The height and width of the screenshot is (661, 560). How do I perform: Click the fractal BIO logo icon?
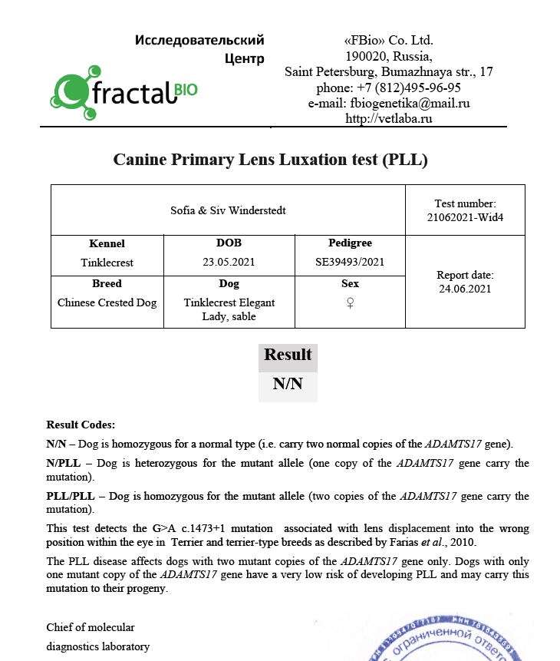click(x=75, y=92)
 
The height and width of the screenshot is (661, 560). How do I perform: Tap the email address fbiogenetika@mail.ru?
click(x=410, y=103)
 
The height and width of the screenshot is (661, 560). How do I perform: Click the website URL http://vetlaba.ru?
click(x=389, y=118)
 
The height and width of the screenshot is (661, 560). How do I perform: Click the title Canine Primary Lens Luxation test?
click(x=270, y=160)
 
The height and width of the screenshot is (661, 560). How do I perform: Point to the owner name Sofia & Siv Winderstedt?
click(x=228, y=210)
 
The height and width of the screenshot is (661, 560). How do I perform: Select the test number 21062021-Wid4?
click(x=464, y=217)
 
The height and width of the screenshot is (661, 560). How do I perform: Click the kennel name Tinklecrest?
click(x=107, y=263)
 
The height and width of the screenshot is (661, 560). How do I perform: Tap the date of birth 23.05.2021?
click(x=229, y=262)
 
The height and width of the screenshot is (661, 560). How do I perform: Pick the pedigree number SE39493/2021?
click(x=350, y=262)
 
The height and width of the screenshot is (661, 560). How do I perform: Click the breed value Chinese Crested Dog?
click(x=107, y=302)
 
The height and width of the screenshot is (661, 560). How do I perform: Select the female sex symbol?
click(x=350, y=303)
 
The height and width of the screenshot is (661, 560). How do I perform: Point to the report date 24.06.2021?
click(x=464, y=289)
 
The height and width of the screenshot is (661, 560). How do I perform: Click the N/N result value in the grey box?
click(x=288, y=384)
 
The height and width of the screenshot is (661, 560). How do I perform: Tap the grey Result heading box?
click(x=288, y=355)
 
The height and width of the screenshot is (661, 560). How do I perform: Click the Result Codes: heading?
click(x=81, y=425)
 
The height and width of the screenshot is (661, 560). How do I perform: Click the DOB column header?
click(x=229, y=243)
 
